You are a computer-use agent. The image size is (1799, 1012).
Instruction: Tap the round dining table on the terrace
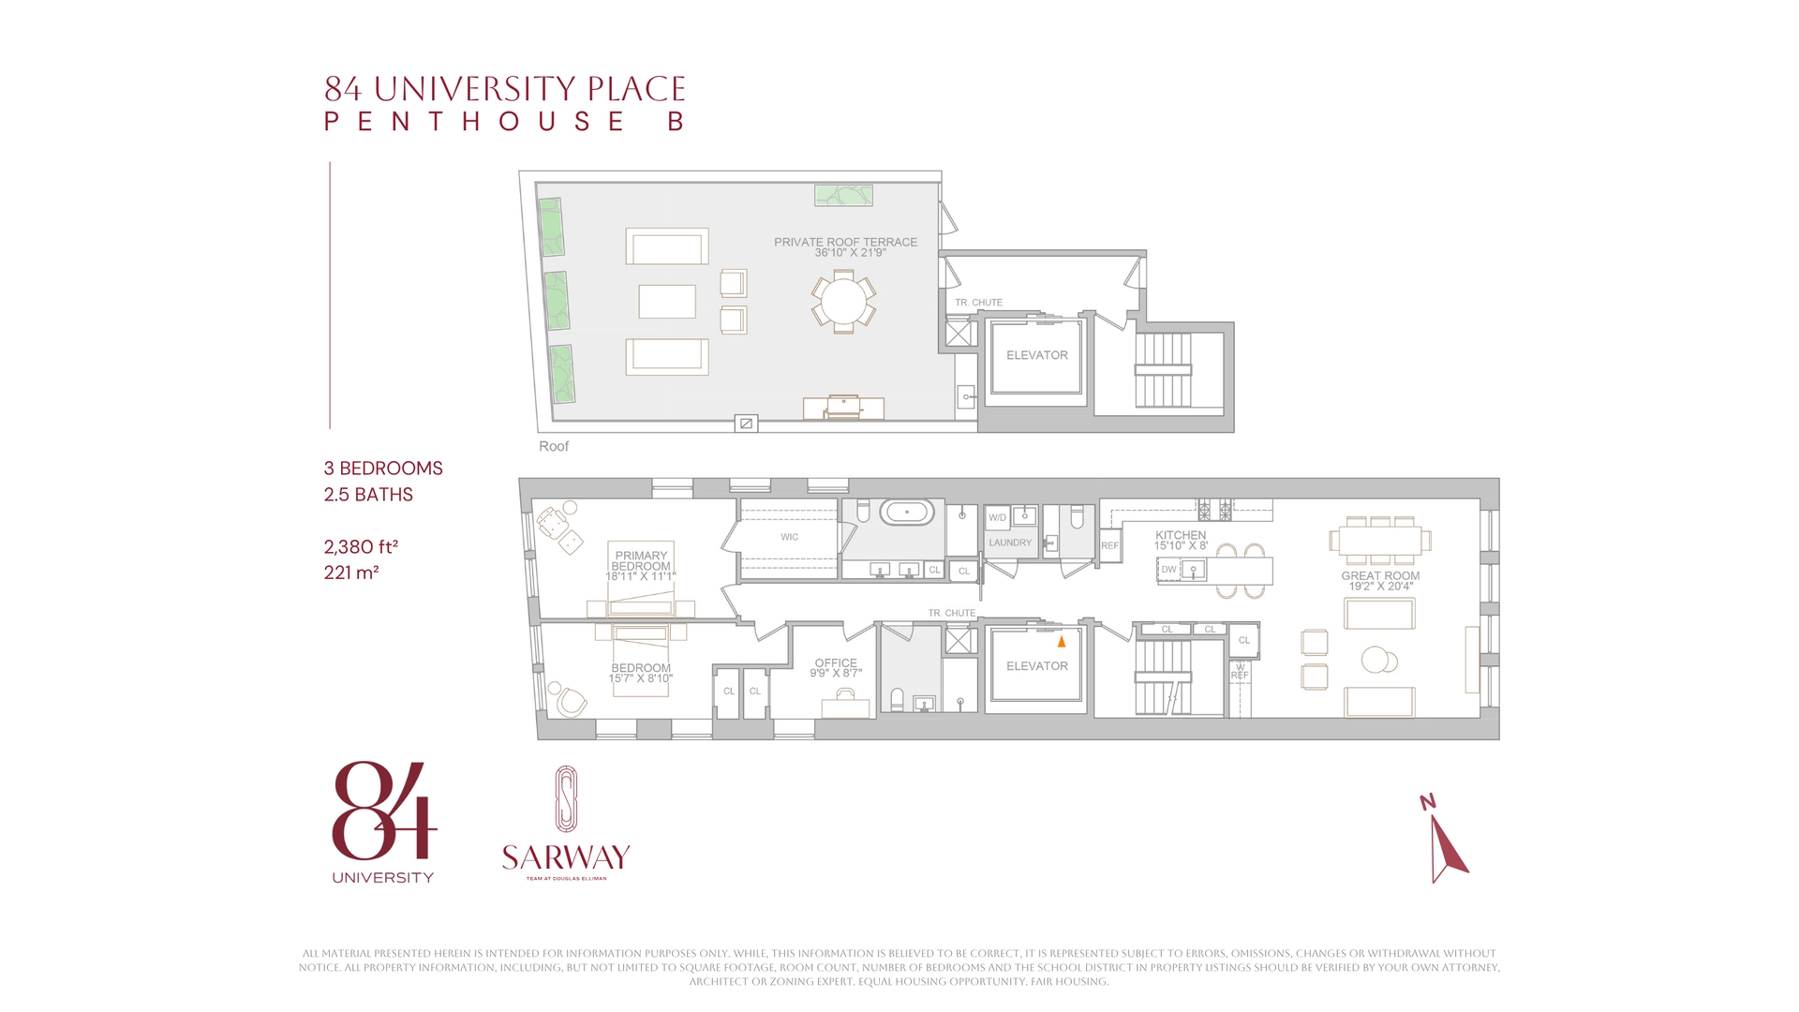(x=843, y=301)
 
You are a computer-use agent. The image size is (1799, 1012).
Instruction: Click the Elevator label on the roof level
(x=1036, y=355)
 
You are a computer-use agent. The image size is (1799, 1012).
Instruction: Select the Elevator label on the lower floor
(x=1036, y=666)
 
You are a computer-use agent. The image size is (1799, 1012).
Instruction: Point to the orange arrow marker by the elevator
(x=1062, y=642)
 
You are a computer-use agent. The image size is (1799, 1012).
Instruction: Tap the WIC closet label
(x=789, y=537)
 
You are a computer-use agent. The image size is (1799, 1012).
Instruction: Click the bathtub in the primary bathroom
(x=906, y=513)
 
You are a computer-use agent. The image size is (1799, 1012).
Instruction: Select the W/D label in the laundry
(x=997, y=517)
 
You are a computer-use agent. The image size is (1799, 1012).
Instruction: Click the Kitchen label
(x=1181, y=535)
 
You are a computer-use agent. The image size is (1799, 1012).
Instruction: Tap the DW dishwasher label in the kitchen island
(x=1168, y=569)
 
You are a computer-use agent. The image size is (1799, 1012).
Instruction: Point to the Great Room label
(x=1380, y=576)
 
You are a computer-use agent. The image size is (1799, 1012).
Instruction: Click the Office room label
(x=836, y=662)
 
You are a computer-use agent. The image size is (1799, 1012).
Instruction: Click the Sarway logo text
(x=566, y=857)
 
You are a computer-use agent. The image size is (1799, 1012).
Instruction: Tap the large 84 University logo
(x=383, y=811)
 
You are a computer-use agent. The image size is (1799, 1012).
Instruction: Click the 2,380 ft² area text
(x=361, y=546)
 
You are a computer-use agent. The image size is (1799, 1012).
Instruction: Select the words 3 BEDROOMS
(x=383, y=469)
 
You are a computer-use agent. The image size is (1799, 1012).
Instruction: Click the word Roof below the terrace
(x=554, y=446)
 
